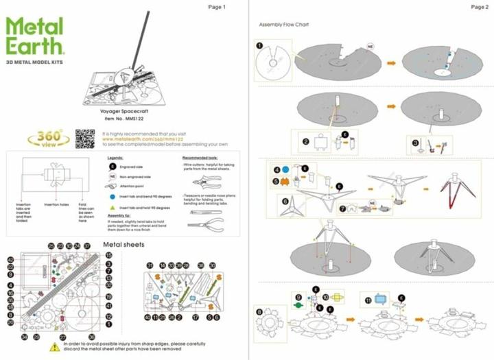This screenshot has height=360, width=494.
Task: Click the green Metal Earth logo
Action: pyautogui.click(x=35, y=38)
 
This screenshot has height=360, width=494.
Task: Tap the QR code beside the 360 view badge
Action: pyautogui.click(x=84, y=138)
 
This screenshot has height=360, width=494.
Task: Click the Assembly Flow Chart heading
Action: pyautogui.click(x=283, y=25)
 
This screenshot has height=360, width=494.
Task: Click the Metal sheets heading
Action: pyautogui.click(x=123, y=244)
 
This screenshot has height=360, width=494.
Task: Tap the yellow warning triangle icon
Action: pyautogui.click(x=54, y=348)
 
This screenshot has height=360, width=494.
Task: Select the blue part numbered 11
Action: pyautogui.click(x=381, y=299)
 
